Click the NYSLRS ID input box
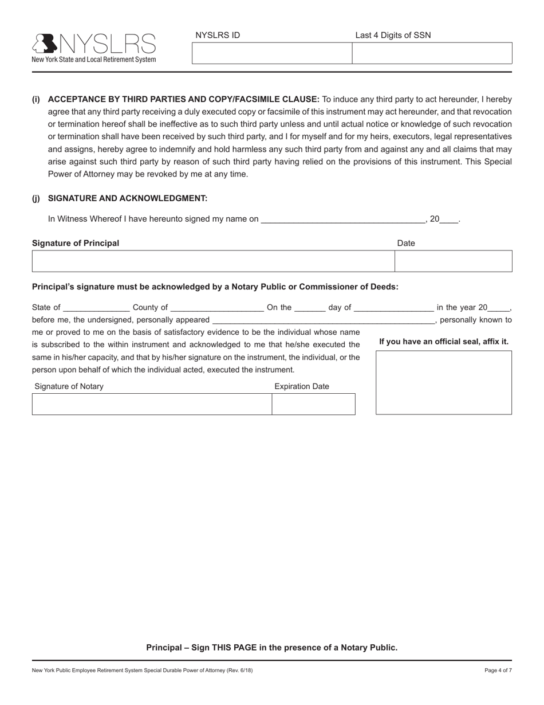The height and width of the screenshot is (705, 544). tap(271, 53)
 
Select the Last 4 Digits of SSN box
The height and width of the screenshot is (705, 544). tap(432, 53)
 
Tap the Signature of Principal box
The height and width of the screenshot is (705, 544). tap(213, 261)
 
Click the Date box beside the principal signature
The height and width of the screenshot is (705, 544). tap(453, 261)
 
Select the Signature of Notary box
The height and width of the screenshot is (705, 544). tap(152, 404)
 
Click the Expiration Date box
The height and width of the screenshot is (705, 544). tap(313, 404)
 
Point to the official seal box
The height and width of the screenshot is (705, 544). tap(443, 382)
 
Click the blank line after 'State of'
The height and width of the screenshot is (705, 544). tap(97, 308)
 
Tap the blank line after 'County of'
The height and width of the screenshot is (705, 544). tap(217, 308)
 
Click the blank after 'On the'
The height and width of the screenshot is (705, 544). tap(310, 308)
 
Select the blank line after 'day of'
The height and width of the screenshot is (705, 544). tap(394, 308)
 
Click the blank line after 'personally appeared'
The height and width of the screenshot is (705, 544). tap(324, 320)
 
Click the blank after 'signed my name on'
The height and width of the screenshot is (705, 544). tap(342, 219)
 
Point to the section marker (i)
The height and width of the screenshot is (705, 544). tap(36, 99)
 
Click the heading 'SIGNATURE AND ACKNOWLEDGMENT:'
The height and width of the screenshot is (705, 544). tap(127, 198)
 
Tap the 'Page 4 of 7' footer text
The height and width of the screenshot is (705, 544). tap(498, 670)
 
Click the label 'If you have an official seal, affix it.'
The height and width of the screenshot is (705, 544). tap(443, 342)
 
